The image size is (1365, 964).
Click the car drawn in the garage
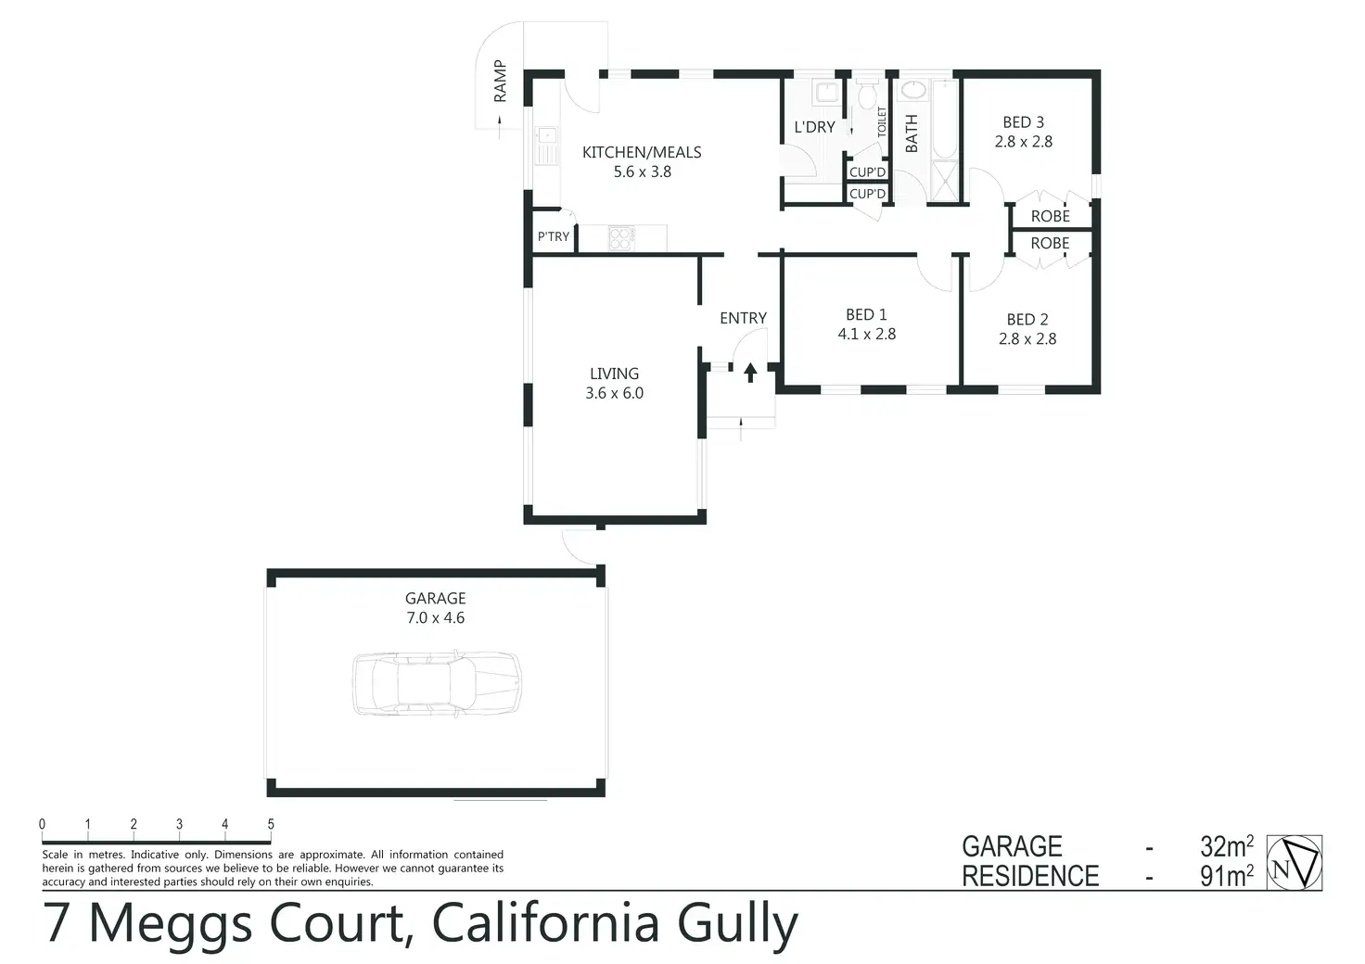pyautogui.click(x=436, y=684)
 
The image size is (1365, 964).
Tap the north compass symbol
pyautogui.click(x=1295, y=863)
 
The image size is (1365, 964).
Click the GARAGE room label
pyautogui.click(x=435, y=599)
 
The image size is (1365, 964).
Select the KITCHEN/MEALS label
pyautogui.click(x=642, y=153)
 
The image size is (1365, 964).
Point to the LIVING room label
pyautogui.click(x=614, y=374)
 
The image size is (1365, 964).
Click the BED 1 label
pyautogui.click(x=866, y=315)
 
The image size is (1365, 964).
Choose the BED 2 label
pyautogui.click(x=1027, y=320)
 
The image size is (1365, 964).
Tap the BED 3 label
pyautogui.click(x=1023, y=122)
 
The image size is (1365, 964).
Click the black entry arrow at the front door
pyautogui.click(x=750, y=373)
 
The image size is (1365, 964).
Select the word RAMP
pyautogui.click(x=501, y=81)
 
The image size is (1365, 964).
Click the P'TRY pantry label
pyautogui.click(x=554, y=237)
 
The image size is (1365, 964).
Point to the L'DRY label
pyautogui.click(x=814, y=127)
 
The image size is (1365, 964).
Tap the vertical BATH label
pyautogui.click(x=912, y=133)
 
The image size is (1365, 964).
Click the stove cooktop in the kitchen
pyautogui.click(x=621, y=238)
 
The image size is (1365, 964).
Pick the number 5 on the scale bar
pyautogui.click(x=271, y=824)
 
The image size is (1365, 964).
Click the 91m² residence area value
pyautogui.click(x=1226, y=876)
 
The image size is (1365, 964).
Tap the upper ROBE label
pyautogui.click(x=1050, y=216)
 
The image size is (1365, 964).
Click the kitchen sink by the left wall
pyautogui.click(x=546, y=145)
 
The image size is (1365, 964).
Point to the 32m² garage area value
pyautogui.click(x=1226, y=846)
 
